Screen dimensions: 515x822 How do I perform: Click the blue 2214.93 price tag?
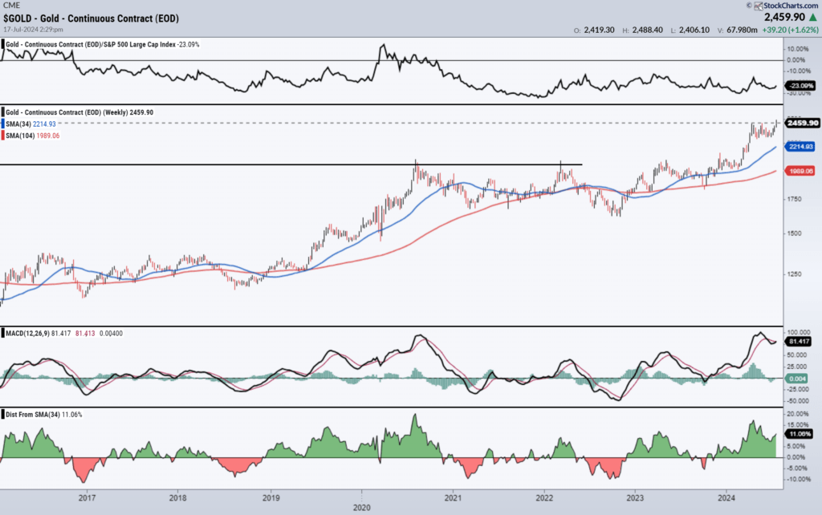coord(802,147)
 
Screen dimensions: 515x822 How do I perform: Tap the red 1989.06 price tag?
coord(802,171)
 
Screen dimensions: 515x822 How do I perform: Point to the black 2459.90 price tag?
coord(802,123)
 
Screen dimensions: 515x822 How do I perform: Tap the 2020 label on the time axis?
coord(361,507)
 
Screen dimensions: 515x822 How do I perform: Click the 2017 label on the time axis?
coord(87,497)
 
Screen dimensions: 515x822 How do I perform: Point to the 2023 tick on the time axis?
coord(635,497)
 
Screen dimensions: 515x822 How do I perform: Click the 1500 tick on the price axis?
coord(796,233)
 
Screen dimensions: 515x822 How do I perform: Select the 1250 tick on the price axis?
coord(796,274)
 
